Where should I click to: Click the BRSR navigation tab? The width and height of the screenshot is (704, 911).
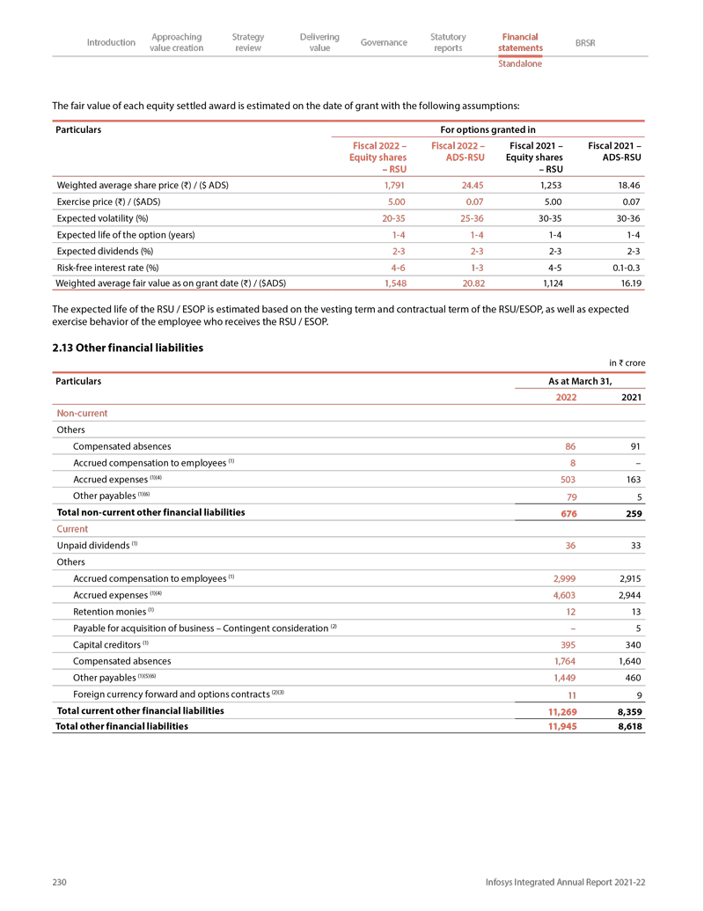click(x=584, y=42)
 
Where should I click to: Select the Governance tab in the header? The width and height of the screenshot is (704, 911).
click(x=384, y=42)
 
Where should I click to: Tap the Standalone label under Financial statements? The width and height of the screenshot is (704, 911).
click(x=519, y=63)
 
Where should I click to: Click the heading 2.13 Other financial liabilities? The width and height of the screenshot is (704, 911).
click(x=128, y=348)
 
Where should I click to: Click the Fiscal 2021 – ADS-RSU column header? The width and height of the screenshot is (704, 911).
click(x=614, y=151)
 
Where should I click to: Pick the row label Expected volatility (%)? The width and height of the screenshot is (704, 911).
click(x=102, y=218)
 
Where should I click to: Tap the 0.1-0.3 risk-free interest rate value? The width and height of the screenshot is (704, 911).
click(x=623, y=268)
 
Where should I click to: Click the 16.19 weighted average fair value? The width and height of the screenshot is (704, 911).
click(x=627, y=283)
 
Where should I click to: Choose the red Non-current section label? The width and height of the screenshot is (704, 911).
click(x=82, y=413)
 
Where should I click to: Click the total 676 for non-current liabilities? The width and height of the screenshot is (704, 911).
click(x=568, y=514)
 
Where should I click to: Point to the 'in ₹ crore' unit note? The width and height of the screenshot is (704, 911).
click(x=627, y=363)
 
